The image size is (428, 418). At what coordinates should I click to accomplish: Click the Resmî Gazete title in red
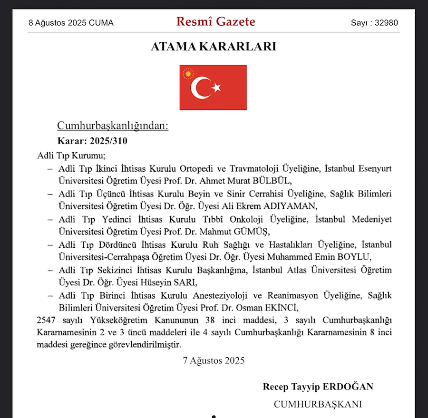[215, 21]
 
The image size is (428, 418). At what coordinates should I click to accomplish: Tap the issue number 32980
[386, 23]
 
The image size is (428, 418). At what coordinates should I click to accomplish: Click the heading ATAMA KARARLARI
[214, 47]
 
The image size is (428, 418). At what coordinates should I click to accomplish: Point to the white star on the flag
[216, 87]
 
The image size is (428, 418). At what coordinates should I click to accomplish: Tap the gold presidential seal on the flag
[188, 74]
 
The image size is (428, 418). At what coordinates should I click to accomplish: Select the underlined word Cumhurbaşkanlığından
[113, 126]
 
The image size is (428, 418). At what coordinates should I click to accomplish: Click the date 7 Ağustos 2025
[214, 360]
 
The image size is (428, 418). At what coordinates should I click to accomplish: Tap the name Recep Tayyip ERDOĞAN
[318, 387]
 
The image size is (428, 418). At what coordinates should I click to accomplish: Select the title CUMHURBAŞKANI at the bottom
[318, 404]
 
